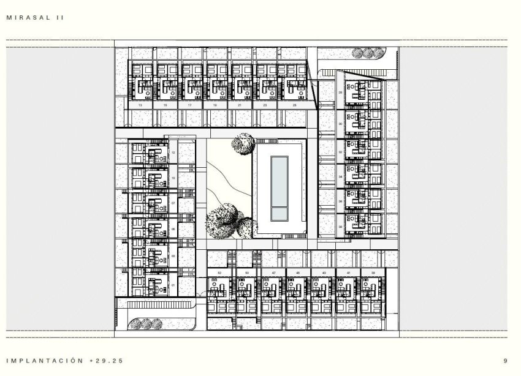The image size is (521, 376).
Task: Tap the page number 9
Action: coord(504,361)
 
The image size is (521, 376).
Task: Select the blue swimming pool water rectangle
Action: coord(279,188)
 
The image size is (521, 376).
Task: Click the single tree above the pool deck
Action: coord(243,143)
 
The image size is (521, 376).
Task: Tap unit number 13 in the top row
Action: coord(141,105)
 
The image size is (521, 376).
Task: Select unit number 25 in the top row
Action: coord(295,105)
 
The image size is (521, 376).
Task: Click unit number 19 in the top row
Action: coord(218,105)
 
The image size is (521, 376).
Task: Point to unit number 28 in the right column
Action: coord(340,92)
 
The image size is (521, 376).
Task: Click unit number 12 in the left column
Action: coord(173,153)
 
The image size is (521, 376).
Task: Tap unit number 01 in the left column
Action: coord(173,285)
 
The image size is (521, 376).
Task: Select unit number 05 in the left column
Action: coord(173,229)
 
